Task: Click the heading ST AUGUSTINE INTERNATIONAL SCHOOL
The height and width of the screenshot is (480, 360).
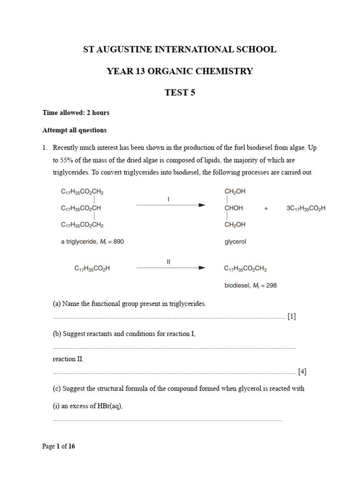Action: [180, 49]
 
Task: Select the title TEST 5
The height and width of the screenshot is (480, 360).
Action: [180, 92]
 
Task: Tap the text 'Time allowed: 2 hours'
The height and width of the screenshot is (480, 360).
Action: [76, 113]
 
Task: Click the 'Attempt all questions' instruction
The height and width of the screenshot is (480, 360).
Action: [75, 130]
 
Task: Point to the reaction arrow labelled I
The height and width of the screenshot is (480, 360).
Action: [171, 205]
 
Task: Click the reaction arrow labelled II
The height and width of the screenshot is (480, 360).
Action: [171, 268]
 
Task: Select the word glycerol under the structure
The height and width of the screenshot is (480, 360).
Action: [235, 242]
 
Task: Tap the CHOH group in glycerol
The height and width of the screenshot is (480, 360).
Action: [234, 208]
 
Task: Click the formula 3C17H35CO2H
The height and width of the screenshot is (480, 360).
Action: [306, 208]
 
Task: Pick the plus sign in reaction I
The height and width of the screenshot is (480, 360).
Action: [266, 208]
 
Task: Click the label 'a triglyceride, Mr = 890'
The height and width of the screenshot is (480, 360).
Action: [92, 242]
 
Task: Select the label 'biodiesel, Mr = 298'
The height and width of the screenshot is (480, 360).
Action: [250, 285]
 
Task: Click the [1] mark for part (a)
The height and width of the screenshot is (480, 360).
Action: [292, 316]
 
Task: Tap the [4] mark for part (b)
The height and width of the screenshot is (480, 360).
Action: [302, 372]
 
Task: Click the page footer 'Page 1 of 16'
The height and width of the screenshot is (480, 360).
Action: [59, 446]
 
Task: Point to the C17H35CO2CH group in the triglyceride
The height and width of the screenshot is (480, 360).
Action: [81, 208]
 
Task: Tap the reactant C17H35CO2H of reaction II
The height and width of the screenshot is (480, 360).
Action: [92, 269]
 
